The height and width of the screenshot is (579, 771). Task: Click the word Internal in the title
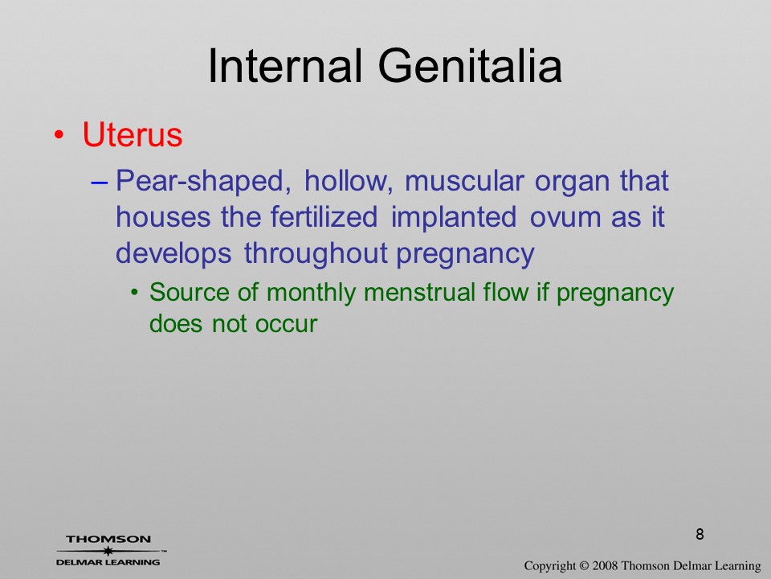[x=285, y=66]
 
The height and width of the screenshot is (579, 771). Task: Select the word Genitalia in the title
[x=470, y=66]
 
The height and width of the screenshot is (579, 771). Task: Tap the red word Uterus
[x=133, y=134]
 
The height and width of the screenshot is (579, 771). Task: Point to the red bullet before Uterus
[x=59, y=135]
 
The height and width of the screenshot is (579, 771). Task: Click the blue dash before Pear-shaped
[x=100, y=182]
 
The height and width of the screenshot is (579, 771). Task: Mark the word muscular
[x=464, y=181]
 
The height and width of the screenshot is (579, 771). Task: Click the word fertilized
[x=324, y=216]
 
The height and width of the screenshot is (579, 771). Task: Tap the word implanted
[x=453, y=218]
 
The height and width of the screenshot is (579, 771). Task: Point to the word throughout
[x=316, y=254]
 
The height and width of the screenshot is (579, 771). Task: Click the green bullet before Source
[x=134, y=293]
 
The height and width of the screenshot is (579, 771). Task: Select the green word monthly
[x=311, y=293]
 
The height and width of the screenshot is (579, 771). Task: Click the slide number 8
[x=700, y=534]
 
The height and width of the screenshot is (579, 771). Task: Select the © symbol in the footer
[x=584, y=565]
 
